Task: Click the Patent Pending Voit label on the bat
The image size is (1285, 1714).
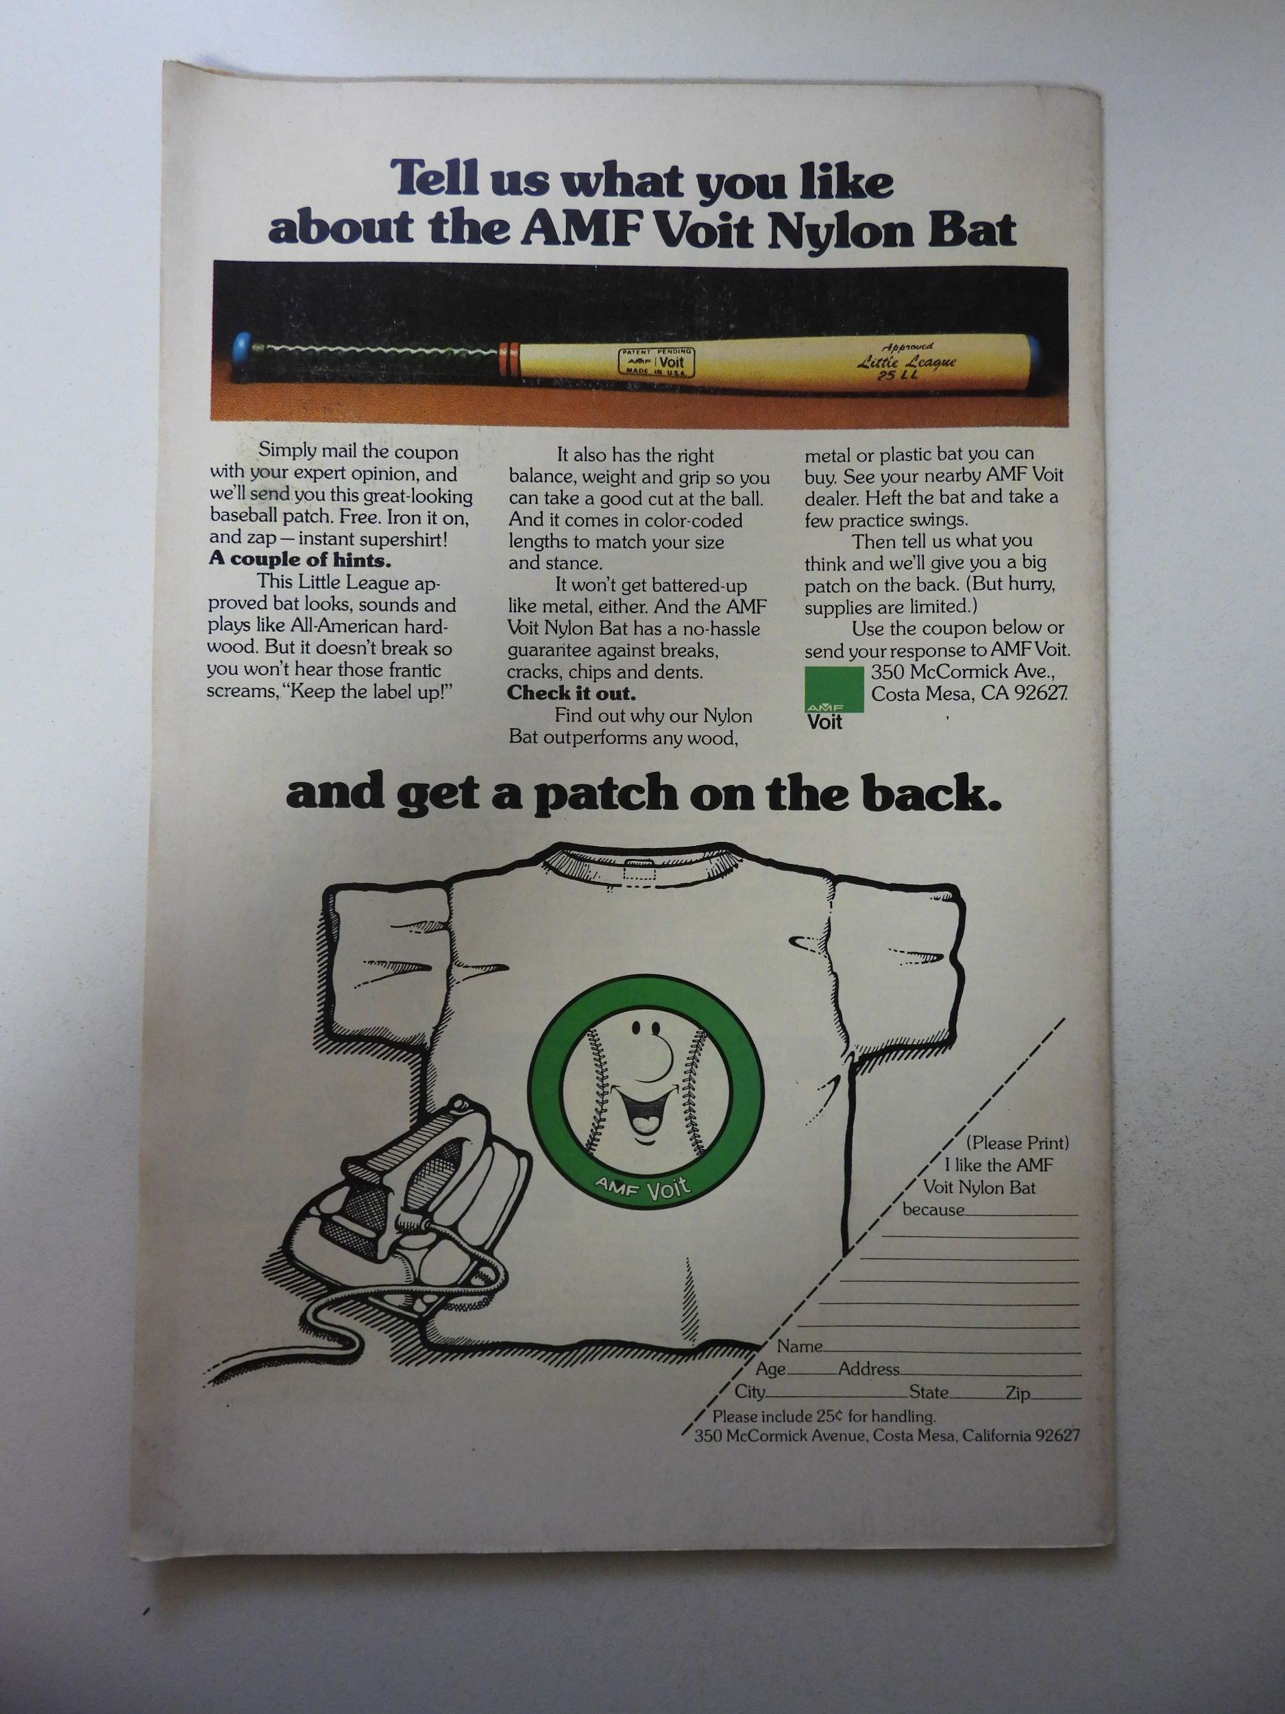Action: pos(654,362)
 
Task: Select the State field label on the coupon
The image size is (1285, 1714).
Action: pos(928,1392)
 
